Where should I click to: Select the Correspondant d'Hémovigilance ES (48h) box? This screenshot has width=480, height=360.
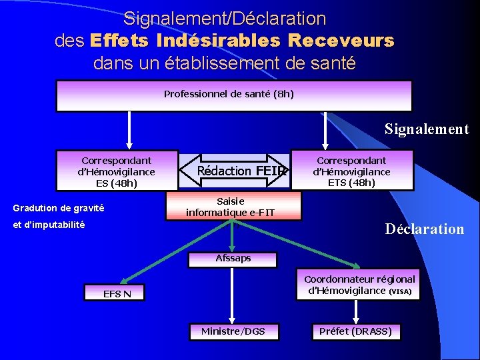tap(117, 171)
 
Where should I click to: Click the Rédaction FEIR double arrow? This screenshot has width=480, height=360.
tap(233, 171)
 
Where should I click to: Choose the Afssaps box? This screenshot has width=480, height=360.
tap(233, 258)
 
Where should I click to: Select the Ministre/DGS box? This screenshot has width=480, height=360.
tap(233, 331)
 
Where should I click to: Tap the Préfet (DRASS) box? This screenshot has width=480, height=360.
tap(355, 331)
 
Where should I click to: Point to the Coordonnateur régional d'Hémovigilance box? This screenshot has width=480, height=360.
tap(359, 285)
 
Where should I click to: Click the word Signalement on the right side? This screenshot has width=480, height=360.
tap(427, 129)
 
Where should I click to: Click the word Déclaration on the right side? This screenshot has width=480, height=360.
tap(425, 229)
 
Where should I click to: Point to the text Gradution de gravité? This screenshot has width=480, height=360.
tap(59, 208)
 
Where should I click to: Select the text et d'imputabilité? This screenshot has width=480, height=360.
tap(49, 225)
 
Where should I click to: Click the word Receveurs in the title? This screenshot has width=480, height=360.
tap(341, 41)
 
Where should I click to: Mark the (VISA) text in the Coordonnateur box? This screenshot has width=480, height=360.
tap(401, 291)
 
